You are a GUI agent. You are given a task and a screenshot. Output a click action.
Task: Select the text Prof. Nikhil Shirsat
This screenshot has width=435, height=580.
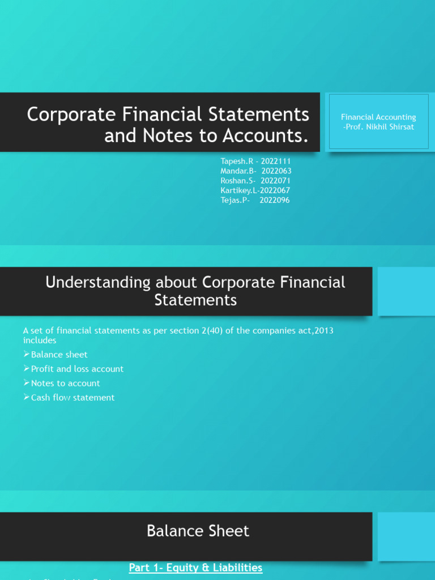tap(380, 127)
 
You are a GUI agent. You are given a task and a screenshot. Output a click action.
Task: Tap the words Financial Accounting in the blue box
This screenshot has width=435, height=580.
tap(378, 117)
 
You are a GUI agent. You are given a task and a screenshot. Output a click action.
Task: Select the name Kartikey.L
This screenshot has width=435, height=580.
tap(238, 190)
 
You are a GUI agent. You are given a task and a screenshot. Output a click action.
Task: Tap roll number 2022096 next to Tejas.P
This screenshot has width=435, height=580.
tap(275, 200)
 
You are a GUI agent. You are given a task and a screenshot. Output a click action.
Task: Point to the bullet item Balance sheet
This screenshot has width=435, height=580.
tap(59, 355)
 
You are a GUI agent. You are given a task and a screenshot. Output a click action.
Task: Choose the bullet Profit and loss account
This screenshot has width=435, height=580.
tap(77, 369)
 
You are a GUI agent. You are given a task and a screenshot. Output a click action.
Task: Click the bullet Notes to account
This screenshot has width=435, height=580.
tap(65, 383)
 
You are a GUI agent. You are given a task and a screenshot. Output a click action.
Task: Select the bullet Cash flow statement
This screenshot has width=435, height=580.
tap(72, 398)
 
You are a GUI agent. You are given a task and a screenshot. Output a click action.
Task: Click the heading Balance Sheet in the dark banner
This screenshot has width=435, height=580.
tap(198, 531)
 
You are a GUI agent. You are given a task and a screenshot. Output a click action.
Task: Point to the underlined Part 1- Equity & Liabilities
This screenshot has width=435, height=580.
tap(195, 568)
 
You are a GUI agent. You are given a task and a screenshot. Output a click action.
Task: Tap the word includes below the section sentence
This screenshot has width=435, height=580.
tap(40, 340)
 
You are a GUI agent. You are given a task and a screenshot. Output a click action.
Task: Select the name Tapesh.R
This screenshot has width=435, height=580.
tap(237, 161)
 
